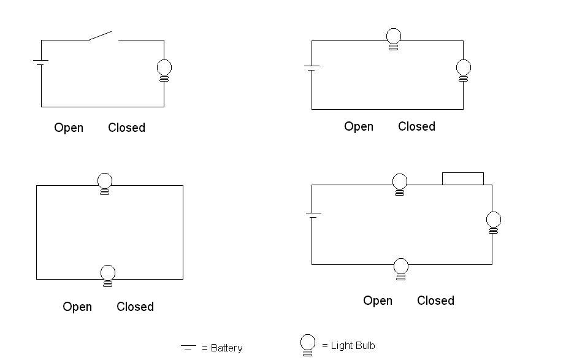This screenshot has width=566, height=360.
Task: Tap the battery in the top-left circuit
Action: (x=41, y=62)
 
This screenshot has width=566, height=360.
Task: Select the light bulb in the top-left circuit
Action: (x=164, y=69)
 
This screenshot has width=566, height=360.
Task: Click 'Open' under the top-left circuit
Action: (x=69, y=128)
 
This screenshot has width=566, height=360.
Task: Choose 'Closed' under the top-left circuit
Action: (x=126, y=128)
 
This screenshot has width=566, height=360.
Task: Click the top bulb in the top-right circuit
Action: (x=394, y=39)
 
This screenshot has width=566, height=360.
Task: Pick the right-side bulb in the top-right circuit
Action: (x=464, y=69)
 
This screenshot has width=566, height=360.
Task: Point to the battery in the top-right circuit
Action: (x=312, y=67)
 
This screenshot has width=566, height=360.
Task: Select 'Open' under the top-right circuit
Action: (x=359, y=126)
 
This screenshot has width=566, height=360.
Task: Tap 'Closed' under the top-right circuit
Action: (x=416, y=126)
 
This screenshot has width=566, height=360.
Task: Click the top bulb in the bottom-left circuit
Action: (x=105, y=183)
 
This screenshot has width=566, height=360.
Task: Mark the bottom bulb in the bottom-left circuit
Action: (x=108, y=275)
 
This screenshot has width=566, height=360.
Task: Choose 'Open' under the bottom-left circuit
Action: (x=77, y=307)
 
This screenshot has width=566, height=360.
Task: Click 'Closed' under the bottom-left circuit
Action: (x=135, y=307)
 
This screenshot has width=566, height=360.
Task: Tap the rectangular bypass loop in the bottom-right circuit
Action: (x=463, y=178)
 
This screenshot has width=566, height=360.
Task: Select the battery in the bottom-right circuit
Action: (x=313, y=215)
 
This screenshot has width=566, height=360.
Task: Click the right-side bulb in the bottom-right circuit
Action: (x=493, y=221)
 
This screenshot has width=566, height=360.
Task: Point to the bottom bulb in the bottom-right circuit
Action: (x=400, y=269)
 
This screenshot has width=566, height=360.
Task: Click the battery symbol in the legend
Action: (x=188, y=348)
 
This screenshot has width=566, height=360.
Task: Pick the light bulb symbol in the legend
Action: (x=308, y=345)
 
